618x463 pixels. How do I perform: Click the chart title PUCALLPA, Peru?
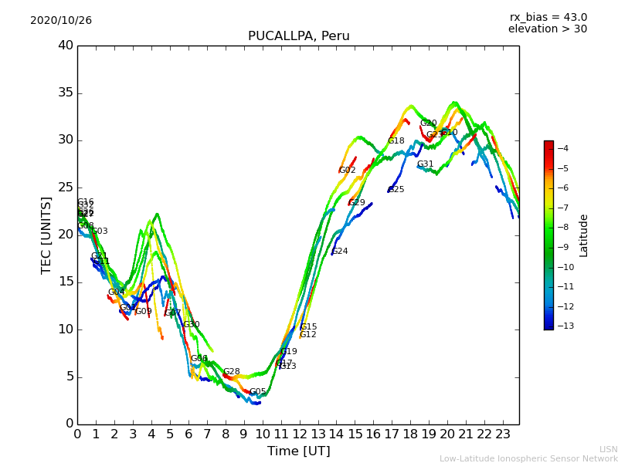coord(298,36)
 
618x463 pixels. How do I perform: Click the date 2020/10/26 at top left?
coord(61,21)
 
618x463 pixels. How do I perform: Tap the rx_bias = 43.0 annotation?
coord(548,17)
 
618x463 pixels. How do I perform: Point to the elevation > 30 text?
coord(547,29)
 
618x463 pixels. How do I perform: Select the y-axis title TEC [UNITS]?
coord(46,235)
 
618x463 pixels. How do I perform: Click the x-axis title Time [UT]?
coord(298,451)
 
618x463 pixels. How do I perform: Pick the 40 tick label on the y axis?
coord(65,46)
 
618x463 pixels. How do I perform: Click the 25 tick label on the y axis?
coord(65,188)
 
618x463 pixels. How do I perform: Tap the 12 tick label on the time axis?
coord(299,434)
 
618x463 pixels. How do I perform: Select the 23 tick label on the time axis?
coord(503,434)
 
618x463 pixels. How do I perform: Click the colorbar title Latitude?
coord(584,235)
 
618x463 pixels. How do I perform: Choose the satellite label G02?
coord(348,171)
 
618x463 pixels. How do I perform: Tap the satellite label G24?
coord(340,252)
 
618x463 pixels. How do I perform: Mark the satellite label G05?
coord(257,392)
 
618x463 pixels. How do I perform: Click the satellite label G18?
coord(396,141)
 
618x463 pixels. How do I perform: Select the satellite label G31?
coord(426,164)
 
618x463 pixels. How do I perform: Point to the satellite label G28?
coord(232,372)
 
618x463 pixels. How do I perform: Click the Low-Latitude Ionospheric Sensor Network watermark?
coord(528,458)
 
